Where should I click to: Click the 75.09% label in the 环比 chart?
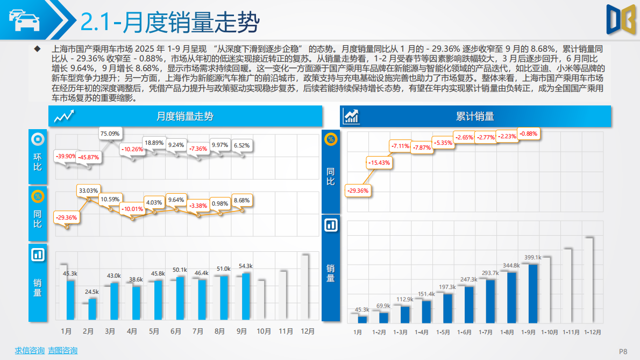pos(110,133)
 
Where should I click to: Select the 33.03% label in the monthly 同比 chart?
pos(88,190)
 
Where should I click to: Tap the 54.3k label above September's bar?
pos(245,266)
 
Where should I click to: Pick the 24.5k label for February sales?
pos(91,292)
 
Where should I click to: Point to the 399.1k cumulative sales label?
pos(532,257)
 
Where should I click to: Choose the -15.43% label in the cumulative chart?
pos(379,162)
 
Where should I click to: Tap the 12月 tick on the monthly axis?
pos(308,331)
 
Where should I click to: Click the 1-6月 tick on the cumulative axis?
pos(465,333)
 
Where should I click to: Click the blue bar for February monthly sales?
pos(93,309)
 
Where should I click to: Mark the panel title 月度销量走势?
pos(185,116)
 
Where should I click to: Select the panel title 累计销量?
pos(475,116)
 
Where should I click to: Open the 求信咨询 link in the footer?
pos(30,351)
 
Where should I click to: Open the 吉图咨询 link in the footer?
pos(62,351)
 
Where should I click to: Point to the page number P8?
pos(623,351)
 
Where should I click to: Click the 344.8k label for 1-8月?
pos(510,265)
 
